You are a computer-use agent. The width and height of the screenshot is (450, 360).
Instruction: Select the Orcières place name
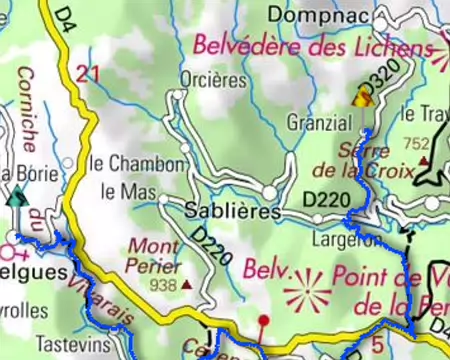point(212,79)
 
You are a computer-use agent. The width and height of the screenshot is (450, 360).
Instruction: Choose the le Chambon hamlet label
point(136,164)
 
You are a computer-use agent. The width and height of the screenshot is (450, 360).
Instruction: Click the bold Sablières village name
point(232,211)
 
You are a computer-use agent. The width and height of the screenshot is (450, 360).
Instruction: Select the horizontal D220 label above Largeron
point(326,201)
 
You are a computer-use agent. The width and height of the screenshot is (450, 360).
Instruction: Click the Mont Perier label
point(155,255)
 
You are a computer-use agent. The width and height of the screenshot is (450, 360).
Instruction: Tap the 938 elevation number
point(160,285)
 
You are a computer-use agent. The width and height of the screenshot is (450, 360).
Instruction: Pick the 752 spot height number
point(416,143)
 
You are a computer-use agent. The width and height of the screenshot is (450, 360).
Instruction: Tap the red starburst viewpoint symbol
point(307,291)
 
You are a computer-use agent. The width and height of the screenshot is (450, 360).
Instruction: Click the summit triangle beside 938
point(186,286)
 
